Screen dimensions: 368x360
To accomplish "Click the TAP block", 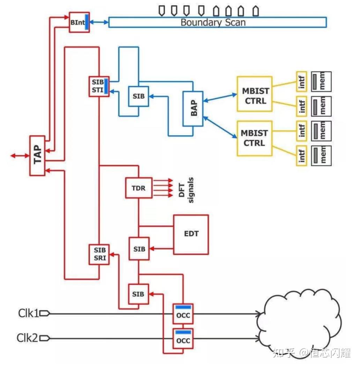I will tap(37, 156).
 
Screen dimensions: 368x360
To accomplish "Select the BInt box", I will tap(79, 22).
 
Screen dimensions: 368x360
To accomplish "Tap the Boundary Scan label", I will tap(213, 23).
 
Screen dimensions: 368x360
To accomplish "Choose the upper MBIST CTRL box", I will tap(254, 95).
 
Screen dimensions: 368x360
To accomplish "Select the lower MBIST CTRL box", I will tap(254, 138).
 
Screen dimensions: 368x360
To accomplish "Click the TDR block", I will tap(139, 188).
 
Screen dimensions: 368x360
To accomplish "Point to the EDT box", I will tap(191, 234).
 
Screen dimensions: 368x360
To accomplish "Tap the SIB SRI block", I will tap(99, 254).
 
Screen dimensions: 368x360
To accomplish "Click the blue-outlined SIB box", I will tap(138, 96).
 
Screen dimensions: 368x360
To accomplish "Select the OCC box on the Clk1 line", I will tap(183, 314).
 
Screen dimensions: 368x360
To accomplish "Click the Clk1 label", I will tap(28, 314).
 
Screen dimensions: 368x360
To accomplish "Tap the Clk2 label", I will tap(28, 338).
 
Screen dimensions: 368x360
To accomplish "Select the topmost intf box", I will tap(302, 82).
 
